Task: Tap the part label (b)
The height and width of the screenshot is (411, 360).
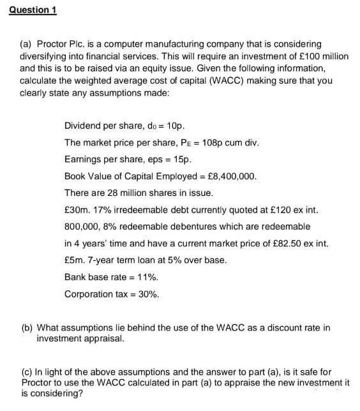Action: coord(27,328)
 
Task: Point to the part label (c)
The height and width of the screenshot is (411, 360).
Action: coord(27,372)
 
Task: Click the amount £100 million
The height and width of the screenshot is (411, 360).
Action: coord(324,56)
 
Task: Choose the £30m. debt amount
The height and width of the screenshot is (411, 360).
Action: coord(77,209)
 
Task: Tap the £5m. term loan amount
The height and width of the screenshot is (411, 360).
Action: coord(74,260)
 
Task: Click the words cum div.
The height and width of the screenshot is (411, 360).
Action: coord(243,142)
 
